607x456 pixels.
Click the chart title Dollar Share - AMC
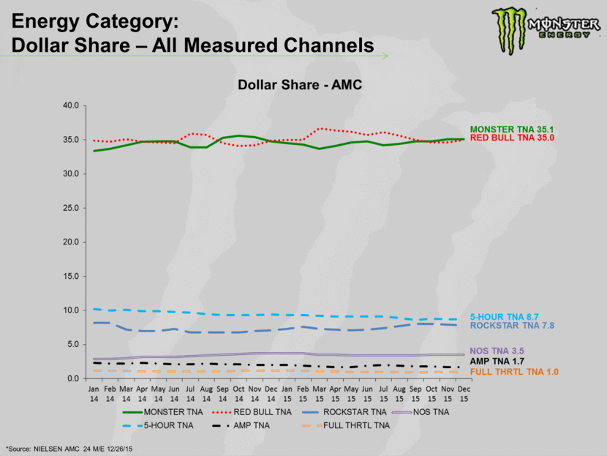tap(300, 85)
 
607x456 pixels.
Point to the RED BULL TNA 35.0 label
tap(513, 138)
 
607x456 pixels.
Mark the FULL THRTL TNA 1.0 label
tap(514, 372)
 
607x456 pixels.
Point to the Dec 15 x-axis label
tap(464, 394)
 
